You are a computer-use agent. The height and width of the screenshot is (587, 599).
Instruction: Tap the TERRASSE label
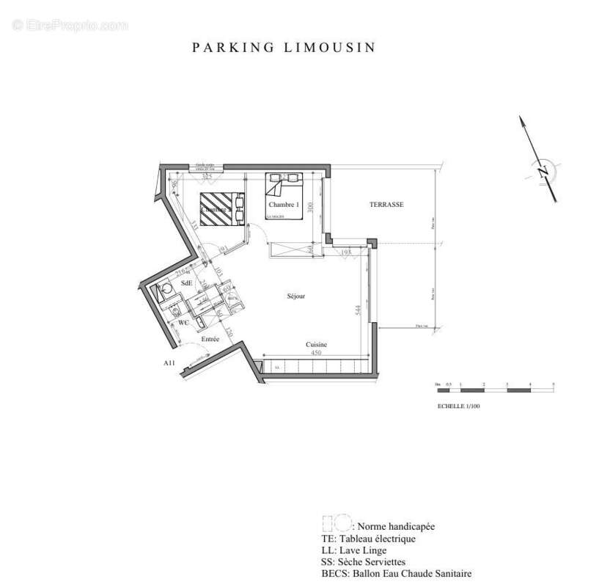386,205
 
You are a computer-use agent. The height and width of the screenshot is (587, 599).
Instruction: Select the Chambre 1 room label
284,205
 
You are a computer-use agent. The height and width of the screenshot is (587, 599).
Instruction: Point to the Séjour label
295,296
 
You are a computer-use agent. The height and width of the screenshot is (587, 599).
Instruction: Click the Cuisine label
316,344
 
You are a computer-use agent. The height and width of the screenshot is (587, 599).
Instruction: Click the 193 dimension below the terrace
346,252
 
